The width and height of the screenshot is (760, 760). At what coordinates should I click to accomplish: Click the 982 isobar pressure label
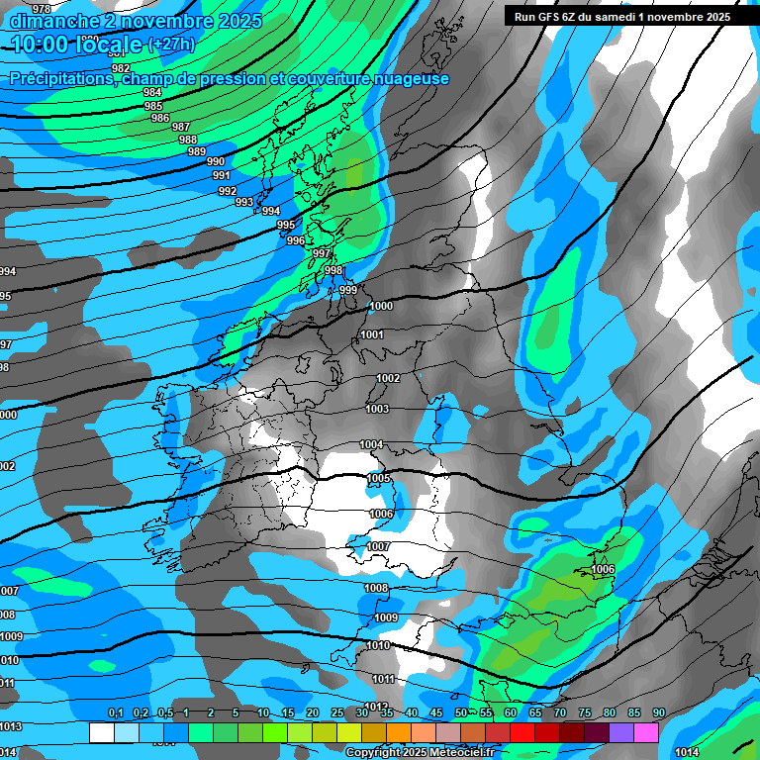coord(121,68)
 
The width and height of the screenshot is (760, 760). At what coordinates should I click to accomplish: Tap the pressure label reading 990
coord(216,162)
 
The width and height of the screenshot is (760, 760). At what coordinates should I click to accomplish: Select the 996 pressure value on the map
coord(296,240)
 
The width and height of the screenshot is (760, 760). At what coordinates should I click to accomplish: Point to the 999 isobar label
coord(348,290)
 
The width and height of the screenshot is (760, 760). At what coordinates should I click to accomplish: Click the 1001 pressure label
coord(372,335)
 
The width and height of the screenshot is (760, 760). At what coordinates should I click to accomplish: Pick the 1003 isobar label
coord(377,409)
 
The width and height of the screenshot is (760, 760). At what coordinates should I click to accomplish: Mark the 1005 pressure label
coord(378,479)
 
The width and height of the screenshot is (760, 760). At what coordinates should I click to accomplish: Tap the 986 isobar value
coord(160,118)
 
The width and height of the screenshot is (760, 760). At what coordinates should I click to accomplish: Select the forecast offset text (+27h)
coord(171,45)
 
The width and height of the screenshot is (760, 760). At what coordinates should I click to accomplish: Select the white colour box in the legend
coord(101,732)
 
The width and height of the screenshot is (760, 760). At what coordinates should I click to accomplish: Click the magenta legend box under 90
coord(646,732)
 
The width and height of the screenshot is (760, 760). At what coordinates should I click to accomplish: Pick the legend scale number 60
coord(511,713)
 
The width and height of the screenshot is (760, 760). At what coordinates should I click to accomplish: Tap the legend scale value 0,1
coord(116,713)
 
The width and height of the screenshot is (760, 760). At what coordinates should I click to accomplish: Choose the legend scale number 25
coord(337,713)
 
